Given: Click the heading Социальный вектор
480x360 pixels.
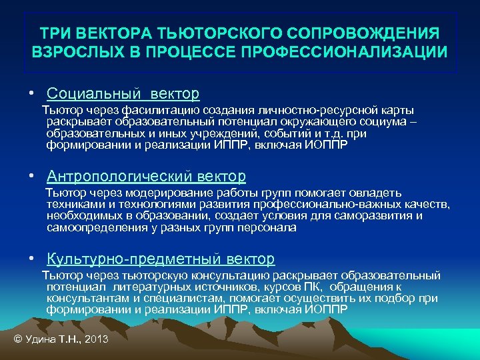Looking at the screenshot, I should pyautogui.click(x=123, y=94).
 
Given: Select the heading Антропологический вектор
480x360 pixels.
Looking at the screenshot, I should pyautogui.click(x=146, y=177).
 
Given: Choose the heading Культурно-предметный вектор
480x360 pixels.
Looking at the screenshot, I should pyautogui.click(x=161, y=259).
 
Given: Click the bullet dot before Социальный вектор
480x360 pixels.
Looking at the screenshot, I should pyautogui.click(x=32, y=95).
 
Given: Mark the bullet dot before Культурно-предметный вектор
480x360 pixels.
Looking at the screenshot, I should pyautogui.click(x=32, y=259).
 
